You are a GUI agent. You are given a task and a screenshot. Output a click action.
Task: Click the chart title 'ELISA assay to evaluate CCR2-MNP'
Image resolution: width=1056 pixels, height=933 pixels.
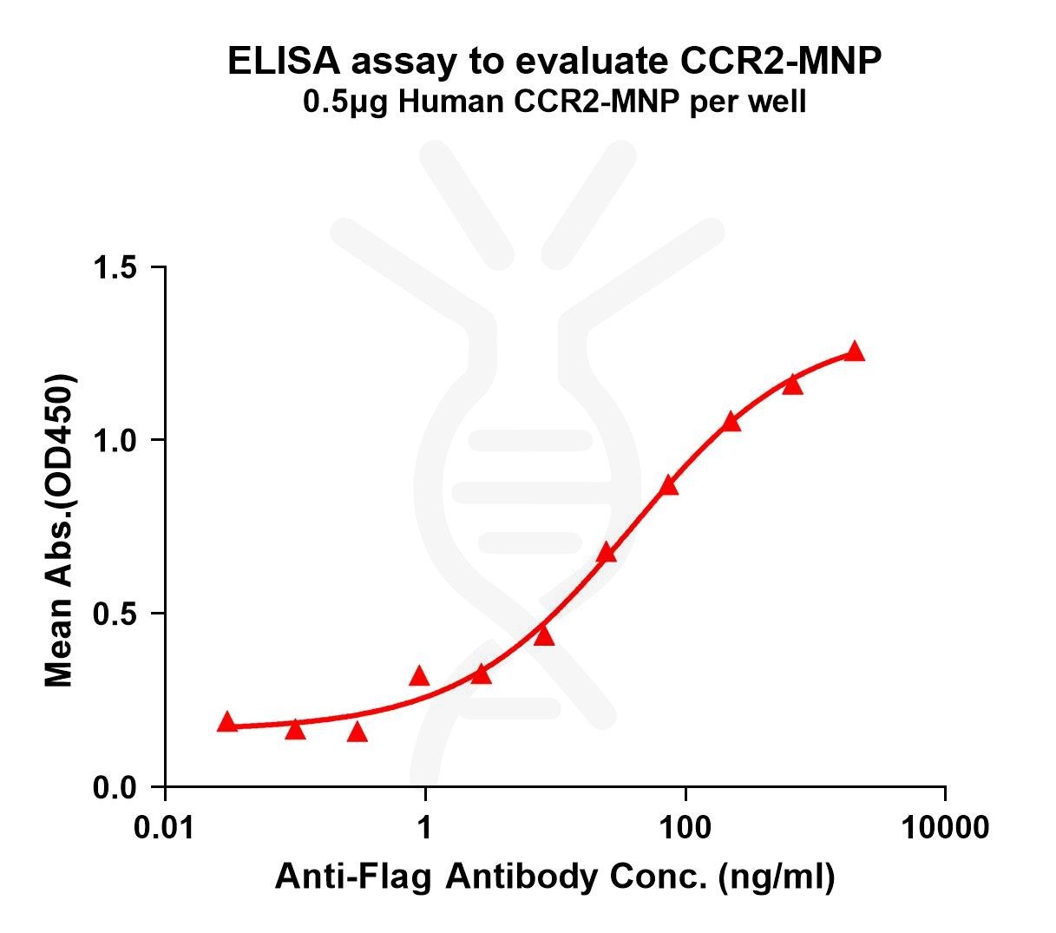(554, 62)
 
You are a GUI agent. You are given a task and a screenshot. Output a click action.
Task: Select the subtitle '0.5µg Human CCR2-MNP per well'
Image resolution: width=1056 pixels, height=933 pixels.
(554, 102)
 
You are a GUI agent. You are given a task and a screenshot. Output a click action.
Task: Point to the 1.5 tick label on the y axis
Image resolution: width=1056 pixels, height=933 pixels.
(117, 267)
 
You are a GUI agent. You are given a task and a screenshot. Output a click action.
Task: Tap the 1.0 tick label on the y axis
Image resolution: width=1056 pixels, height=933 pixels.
(117, 441)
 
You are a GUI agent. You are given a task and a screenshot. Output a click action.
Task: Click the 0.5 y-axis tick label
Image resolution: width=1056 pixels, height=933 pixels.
(117, 614)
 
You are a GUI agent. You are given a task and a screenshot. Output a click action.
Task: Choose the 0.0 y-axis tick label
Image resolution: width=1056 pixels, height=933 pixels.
(117, 788)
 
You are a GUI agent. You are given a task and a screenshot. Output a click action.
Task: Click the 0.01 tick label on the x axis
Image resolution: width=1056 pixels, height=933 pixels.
(165, 828)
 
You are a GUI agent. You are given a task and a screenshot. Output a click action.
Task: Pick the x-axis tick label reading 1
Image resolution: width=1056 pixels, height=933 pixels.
(425, 828)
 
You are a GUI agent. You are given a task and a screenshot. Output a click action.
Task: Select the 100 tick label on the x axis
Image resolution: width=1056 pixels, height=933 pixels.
(685, 828)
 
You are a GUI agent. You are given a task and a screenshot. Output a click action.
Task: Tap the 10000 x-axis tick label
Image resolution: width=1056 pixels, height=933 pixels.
(945, 828)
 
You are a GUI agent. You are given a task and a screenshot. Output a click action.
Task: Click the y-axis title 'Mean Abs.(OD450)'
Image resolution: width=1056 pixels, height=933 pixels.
(60, 531)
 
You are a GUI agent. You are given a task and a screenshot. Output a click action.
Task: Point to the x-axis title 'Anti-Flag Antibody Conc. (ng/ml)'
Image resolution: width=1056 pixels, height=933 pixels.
(554, 877)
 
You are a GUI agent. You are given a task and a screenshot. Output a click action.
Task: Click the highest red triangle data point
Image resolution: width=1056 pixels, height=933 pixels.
(855, 352)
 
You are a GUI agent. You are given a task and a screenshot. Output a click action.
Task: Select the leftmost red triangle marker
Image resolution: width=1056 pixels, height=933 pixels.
(227, 722)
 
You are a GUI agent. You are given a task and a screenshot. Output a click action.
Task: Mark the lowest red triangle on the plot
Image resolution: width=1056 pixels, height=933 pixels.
(357, 733)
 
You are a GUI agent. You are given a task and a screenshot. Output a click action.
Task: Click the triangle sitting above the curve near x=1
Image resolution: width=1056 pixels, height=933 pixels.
(419, 676)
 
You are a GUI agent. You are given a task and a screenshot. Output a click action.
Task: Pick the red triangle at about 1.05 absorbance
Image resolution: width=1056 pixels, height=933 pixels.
(731, 422)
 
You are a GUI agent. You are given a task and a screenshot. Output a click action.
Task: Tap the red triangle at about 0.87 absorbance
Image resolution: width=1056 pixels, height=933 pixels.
(668, 485)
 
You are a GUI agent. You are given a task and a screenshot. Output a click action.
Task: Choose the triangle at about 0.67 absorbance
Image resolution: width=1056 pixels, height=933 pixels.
(607, 553)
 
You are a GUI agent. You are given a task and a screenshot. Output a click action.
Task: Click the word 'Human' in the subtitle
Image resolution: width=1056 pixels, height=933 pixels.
(441, 102)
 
